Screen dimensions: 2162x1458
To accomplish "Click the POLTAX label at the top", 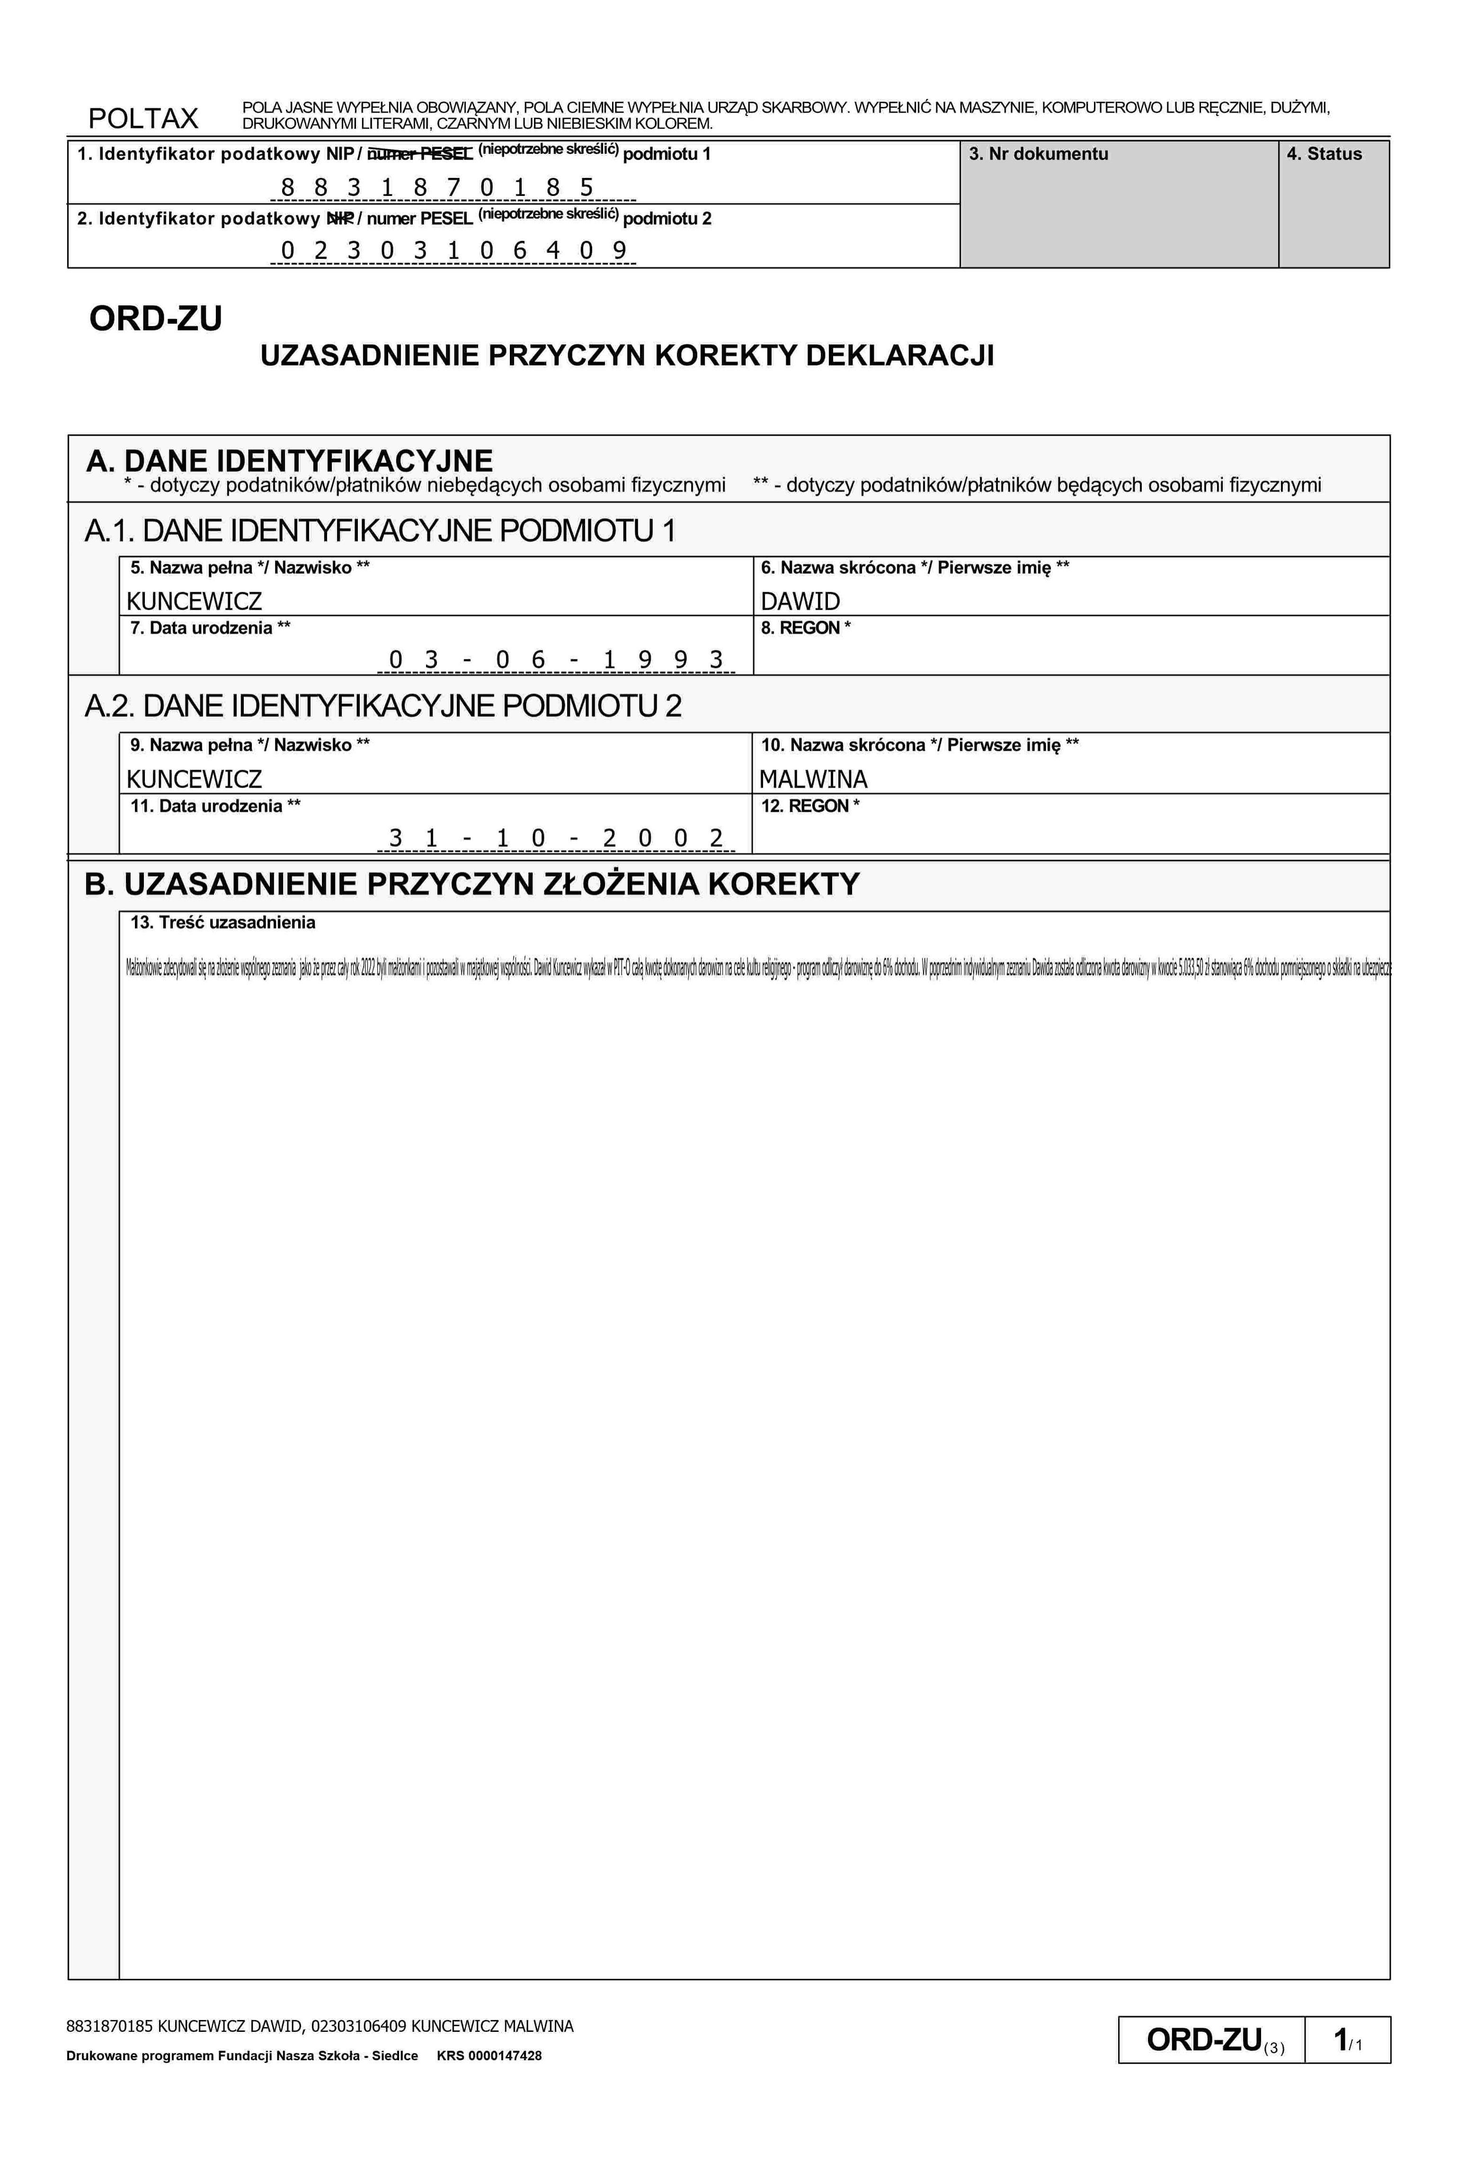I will tap(143, 118).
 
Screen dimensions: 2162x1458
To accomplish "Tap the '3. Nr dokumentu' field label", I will tap(1039, 154).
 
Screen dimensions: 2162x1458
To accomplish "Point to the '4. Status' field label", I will tap(1324, 154).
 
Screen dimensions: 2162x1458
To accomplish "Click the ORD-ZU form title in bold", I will tap(155, 319).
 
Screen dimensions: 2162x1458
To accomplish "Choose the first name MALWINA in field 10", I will tap(814, 779).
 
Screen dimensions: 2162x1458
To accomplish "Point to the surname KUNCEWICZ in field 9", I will tap(195, 779).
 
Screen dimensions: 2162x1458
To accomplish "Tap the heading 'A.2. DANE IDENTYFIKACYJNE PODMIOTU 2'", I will tap(383, 707).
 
